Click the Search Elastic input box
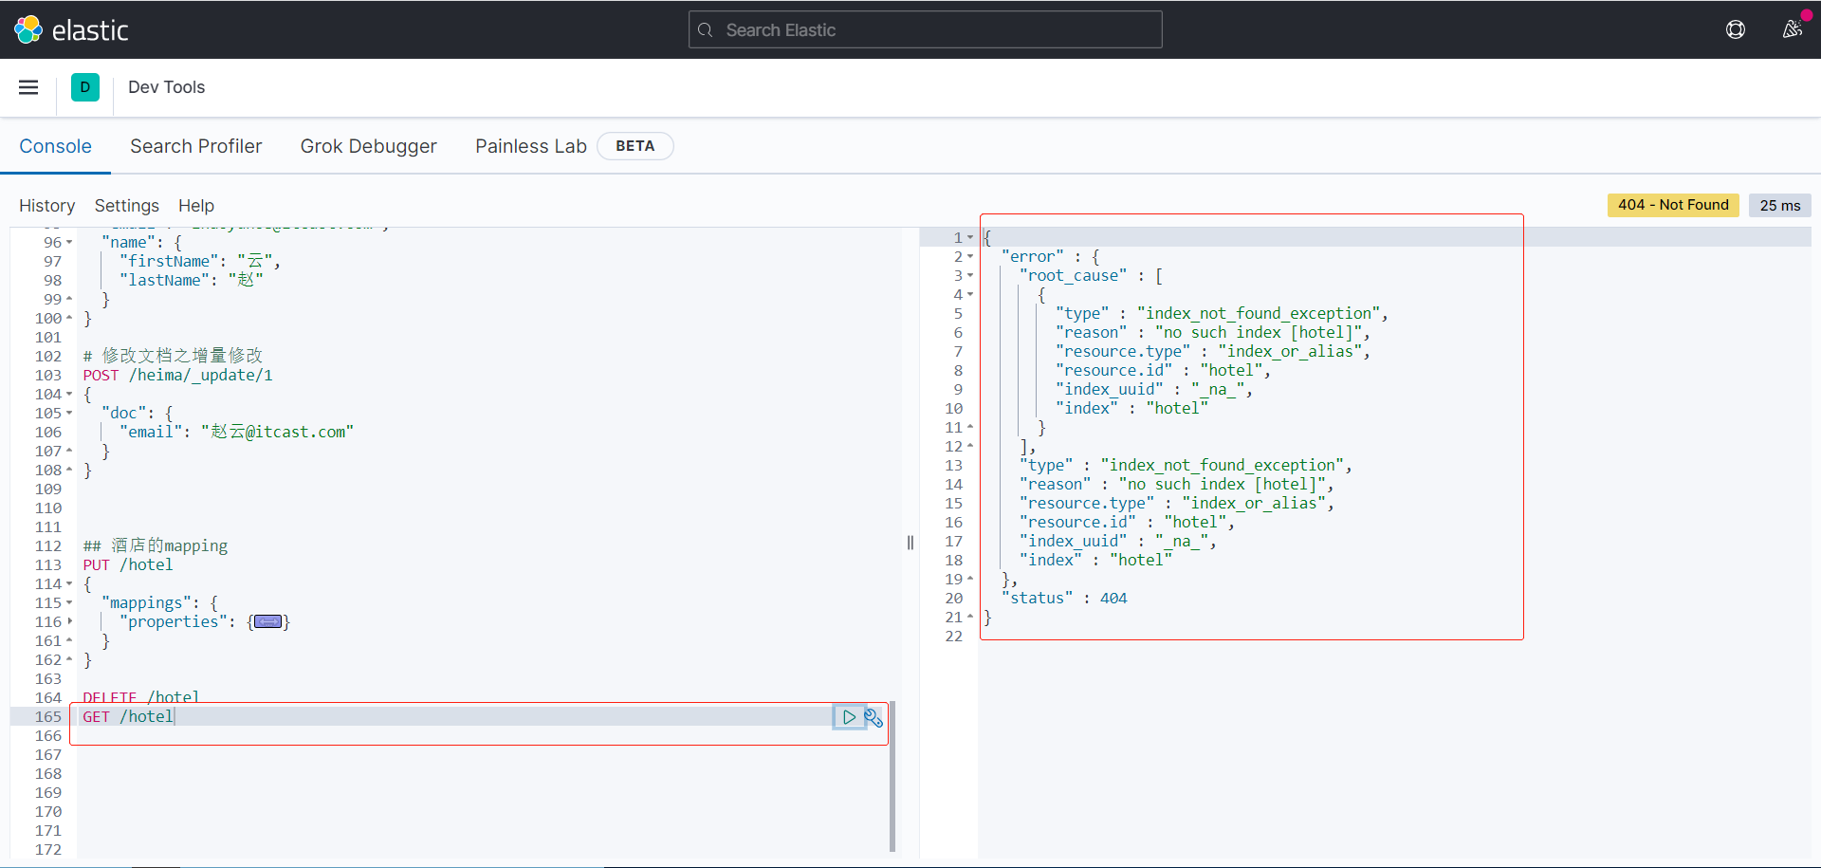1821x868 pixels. click(x=925, y=30)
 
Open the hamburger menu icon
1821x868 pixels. click(x=28, y=87)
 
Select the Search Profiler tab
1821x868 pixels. click(x=195, y=146)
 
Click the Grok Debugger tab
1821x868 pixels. click(x=368, y=146)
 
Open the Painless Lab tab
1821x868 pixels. click(x=530, y=146)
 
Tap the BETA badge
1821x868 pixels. click(x=635, y=146)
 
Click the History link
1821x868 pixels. click(x=46, y=206)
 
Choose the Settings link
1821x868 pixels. click(x=126, y=206)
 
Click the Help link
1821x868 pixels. click(x=195, y=206)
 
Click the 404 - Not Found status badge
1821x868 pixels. click(x=1672, y=205)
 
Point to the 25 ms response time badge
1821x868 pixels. click(x=1779, y=205)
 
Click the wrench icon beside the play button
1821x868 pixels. click(x=874, y=718)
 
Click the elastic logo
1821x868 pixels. click(x=71, y=30)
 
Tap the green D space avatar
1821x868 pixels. click(x=85, y=87)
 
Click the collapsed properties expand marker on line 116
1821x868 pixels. click(x=268, y=622)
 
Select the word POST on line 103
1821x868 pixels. click(x=101, y=376)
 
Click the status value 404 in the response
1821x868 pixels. click(x=1113, y=599)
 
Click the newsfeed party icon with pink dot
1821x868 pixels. click(x=1792, y=29)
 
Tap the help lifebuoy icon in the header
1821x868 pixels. click(x=1735, y=30)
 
